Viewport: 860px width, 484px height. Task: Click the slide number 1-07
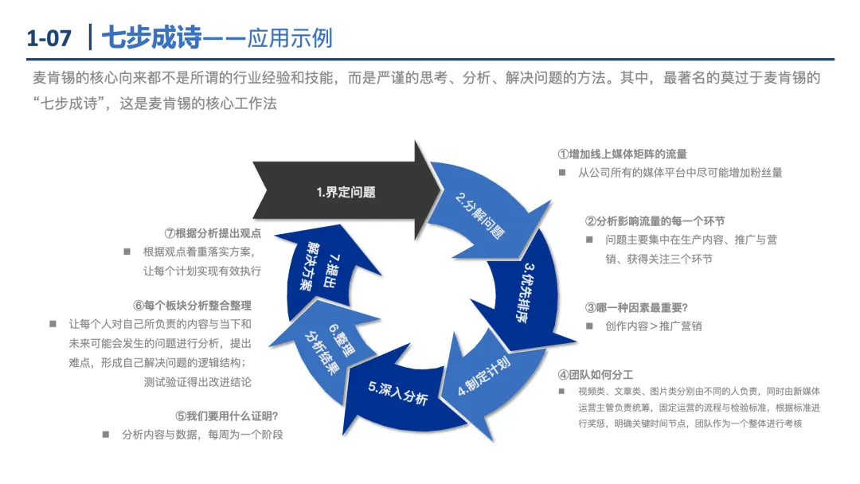pyautogui.click(x=49, y=37)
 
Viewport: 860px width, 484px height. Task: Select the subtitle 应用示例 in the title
pyautogui.click(x=290, y=37)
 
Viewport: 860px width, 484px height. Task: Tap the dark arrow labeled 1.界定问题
pyautogui.click(x=342, y=192)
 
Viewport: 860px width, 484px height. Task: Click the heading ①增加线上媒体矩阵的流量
pyautogui.click(x=622, y=154)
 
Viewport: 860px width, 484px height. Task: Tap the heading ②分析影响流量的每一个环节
pyautogui.click(x=655, y=221)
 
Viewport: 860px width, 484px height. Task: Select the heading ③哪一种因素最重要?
pyautogui.click(x=636, y=307)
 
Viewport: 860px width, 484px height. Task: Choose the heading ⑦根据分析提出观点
pyautogui.click(x=213, y=233)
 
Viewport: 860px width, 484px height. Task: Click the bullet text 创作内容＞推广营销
pyautogui.click(x=653, y=326)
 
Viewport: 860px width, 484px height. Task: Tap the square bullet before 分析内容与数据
pyautogui.click(x=106, y=435)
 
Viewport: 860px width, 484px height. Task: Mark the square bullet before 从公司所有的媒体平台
pyautogui.click(x=561, y=172)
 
